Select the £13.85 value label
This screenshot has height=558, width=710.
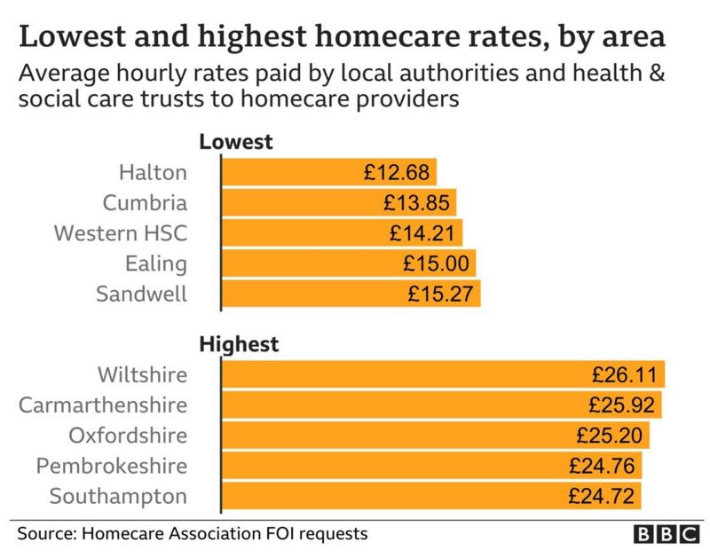(x=417, y=203)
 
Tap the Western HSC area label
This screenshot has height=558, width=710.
(x=121, y=233)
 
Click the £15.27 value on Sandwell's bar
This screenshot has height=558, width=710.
(x=440, y=294)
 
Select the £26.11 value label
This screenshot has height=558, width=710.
(x=623, y=375)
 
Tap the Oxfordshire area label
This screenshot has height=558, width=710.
(x=128, y=436)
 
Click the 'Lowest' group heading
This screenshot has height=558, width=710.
(x=235, y=142)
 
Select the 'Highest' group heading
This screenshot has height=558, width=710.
(x=239, y=344)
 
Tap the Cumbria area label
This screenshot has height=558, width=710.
(x=145, y=203)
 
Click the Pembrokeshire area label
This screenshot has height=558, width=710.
(x=112, y=466)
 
